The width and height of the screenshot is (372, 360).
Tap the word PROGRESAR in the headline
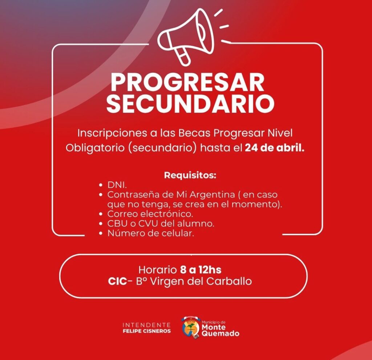[187, 83]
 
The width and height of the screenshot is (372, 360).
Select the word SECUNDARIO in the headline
[190, 104]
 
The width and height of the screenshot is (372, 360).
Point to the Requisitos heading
[190, 175]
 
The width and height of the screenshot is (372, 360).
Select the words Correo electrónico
[150, 213]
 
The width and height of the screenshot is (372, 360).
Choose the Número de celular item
[150, 233]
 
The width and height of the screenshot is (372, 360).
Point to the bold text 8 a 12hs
[201, 270]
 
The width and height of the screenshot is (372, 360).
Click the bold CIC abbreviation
[117, 281]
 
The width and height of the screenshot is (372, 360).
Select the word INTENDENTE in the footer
[147, 325]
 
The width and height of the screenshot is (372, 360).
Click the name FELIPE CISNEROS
[147, 331]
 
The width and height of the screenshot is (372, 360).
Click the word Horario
[157, 270]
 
